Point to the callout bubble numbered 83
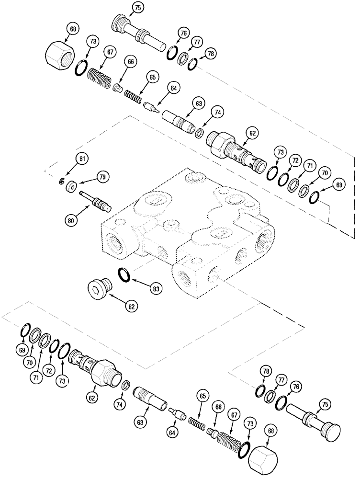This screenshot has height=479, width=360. click(x=155, y=288)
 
